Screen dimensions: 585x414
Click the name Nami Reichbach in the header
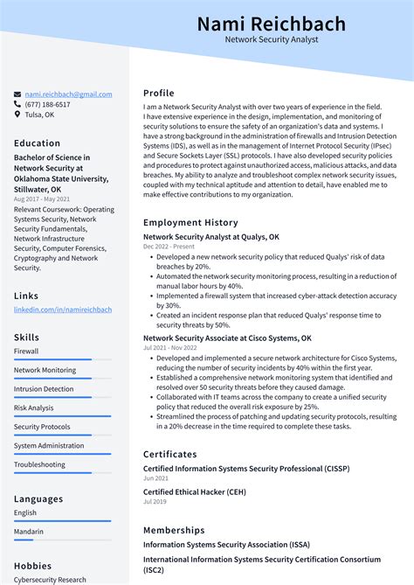pos(271,23)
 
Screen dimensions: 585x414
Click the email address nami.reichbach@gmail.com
pos(68,94)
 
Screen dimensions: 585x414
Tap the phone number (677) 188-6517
pos(47,104)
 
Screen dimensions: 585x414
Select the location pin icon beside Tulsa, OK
pos(17,115)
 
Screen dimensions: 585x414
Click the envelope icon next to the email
pos(17,94)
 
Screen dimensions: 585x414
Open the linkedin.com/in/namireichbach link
pos(63,310)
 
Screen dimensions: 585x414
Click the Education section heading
pos(38,143)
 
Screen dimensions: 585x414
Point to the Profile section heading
pos(159,93)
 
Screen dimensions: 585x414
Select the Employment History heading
pos(190,223)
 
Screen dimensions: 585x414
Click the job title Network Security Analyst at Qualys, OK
pos(211,237)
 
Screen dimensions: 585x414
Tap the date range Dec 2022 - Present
pos(169,247)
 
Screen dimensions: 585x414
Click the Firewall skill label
pos(26,352)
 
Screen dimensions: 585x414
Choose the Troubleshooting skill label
pos(39,465)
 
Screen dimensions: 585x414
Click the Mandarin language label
pos(29,531)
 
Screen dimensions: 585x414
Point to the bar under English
pos(62,521)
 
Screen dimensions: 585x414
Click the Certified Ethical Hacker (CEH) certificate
pos(195,492)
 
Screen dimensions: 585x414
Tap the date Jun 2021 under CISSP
pos(155,477)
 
